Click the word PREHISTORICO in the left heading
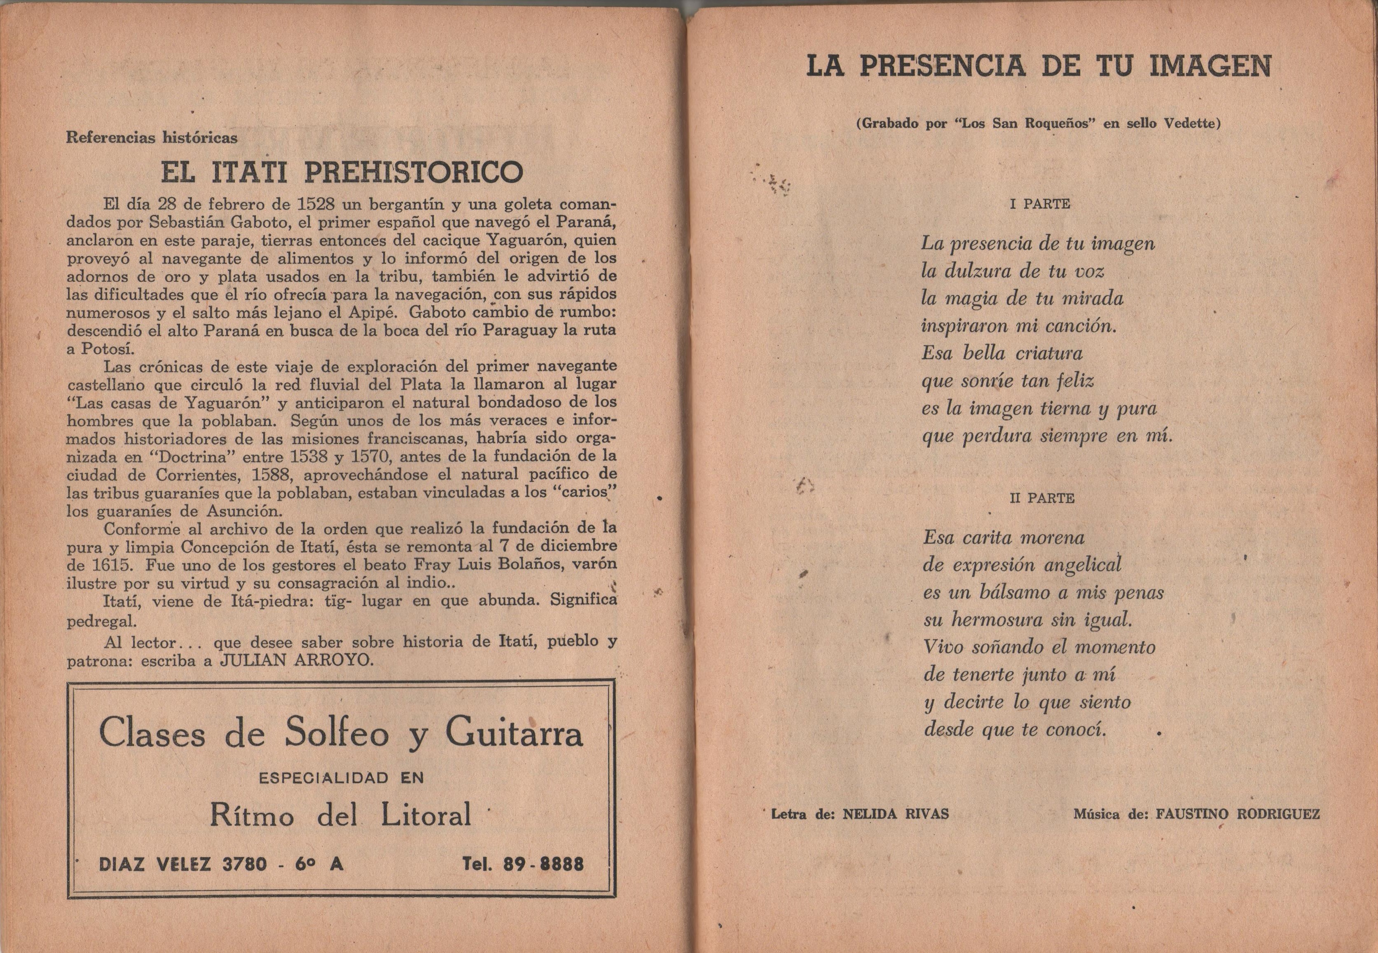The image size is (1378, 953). pos(413,172)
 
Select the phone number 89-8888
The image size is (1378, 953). pos(543,864)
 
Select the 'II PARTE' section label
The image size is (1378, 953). pos(1042,498)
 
